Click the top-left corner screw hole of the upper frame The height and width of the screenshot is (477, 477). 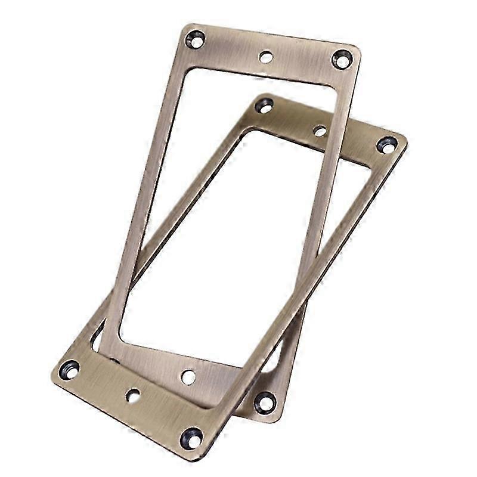tap(194, 41)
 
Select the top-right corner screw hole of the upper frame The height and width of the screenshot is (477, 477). tap(341, 59)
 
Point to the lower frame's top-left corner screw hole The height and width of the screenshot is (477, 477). tap(263, 106)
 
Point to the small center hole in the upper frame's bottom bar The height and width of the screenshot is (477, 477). tap(188, 376)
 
